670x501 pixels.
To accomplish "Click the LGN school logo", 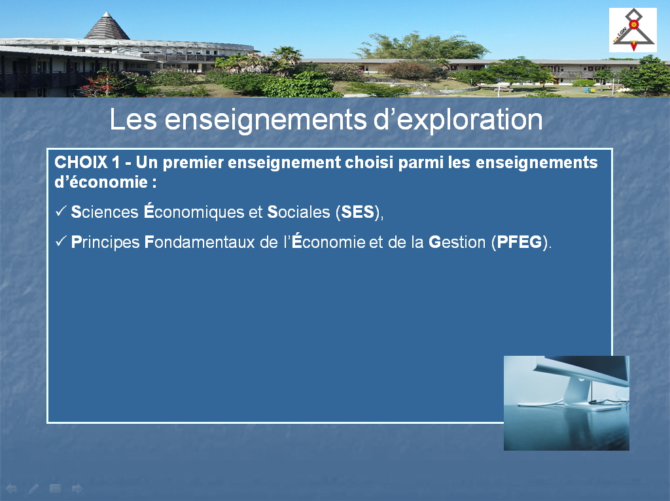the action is coord(633,30).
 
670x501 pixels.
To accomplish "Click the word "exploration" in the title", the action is coord(470,120).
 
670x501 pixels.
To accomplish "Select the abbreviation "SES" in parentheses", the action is coord(357,213).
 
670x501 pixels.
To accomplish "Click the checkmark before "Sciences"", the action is coord(61,211).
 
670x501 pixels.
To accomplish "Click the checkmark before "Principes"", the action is coord(61,241).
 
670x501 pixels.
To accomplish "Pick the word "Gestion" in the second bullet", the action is coord(457,242).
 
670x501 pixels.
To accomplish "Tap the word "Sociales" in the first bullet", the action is coord(298,213).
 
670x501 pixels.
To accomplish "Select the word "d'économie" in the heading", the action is coord(101,182).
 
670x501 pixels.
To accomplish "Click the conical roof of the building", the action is coord(107,26).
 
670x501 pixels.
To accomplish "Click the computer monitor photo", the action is coord(566,403).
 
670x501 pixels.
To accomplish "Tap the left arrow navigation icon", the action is coord(11,488).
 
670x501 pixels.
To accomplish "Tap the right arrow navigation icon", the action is coord(77,488).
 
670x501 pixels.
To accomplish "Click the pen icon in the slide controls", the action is coord(33,489).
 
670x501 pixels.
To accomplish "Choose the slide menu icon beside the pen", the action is coord(55,488).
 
